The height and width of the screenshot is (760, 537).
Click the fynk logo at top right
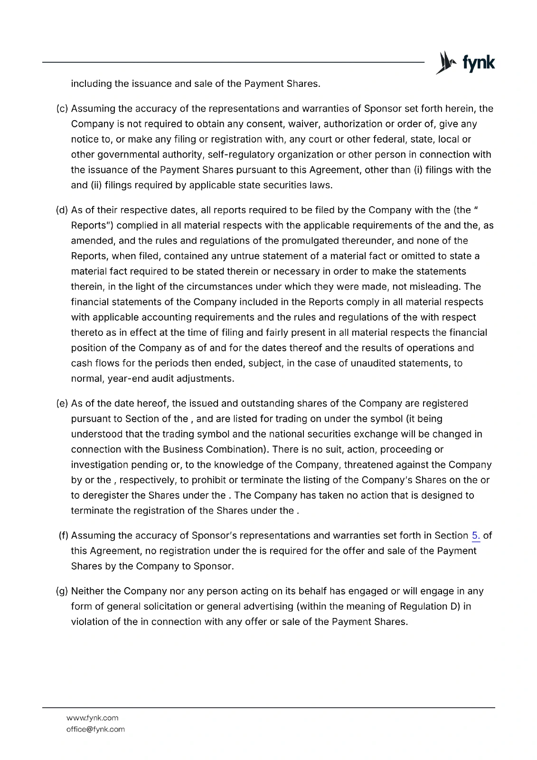tap(465, 63)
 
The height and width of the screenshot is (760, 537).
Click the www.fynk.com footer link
tap(92, 718)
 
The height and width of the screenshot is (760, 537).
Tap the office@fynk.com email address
tap(95, 729)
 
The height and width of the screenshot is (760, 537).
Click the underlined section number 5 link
tap(476, 536)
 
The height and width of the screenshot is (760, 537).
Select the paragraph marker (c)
tap(62, 109)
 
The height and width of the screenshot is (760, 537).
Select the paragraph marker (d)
tap(62, 210)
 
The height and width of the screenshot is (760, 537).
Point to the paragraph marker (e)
tap(62, 403)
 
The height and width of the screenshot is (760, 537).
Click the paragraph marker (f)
tap(64, 536)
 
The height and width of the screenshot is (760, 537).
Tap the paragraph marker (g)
tap(62, 591)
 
